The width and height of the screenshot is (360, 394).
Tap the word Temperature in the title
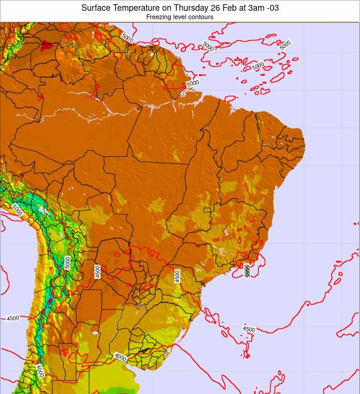[x=138, y=8]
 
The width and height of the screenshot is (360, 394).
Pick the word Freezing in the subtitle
[x=159, y=17]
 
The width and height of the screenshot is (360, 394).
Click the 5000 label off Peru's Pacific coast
[x=16, y=211]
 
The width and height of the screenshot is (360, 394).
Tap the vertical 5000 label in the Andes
[x=68, y=262]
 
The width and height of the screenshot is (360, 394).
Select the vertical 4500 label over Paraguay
[x=97, y=272]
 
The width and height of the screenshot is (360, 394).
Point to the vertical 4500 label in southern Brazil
[x=178, y=276]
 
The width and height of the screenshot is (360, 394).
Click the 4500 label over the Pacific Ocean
[x=13, y=319]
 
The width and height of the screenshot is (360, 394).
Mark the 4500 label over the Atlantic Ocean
[x=249, y=329]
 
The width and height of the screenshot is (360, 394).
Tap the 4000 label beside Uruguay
[x=120, y=357]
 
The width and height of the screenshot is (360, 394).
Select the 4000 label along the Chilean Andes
[x=40, y=371]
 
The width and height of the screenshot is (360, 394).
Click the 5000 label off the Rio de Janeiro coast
[x=247, y=271]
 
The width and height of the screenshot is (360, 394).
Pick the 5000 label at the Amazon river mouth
[x=192, y=84]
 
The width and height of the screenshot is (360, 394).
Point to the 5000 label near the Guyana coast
[x=127, y=37]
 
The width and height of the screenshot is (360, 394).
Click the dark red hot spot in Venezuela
[x=44, y=44]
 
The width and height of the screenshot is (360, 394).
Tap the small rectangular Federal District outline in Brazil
[x=207, y=210]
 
